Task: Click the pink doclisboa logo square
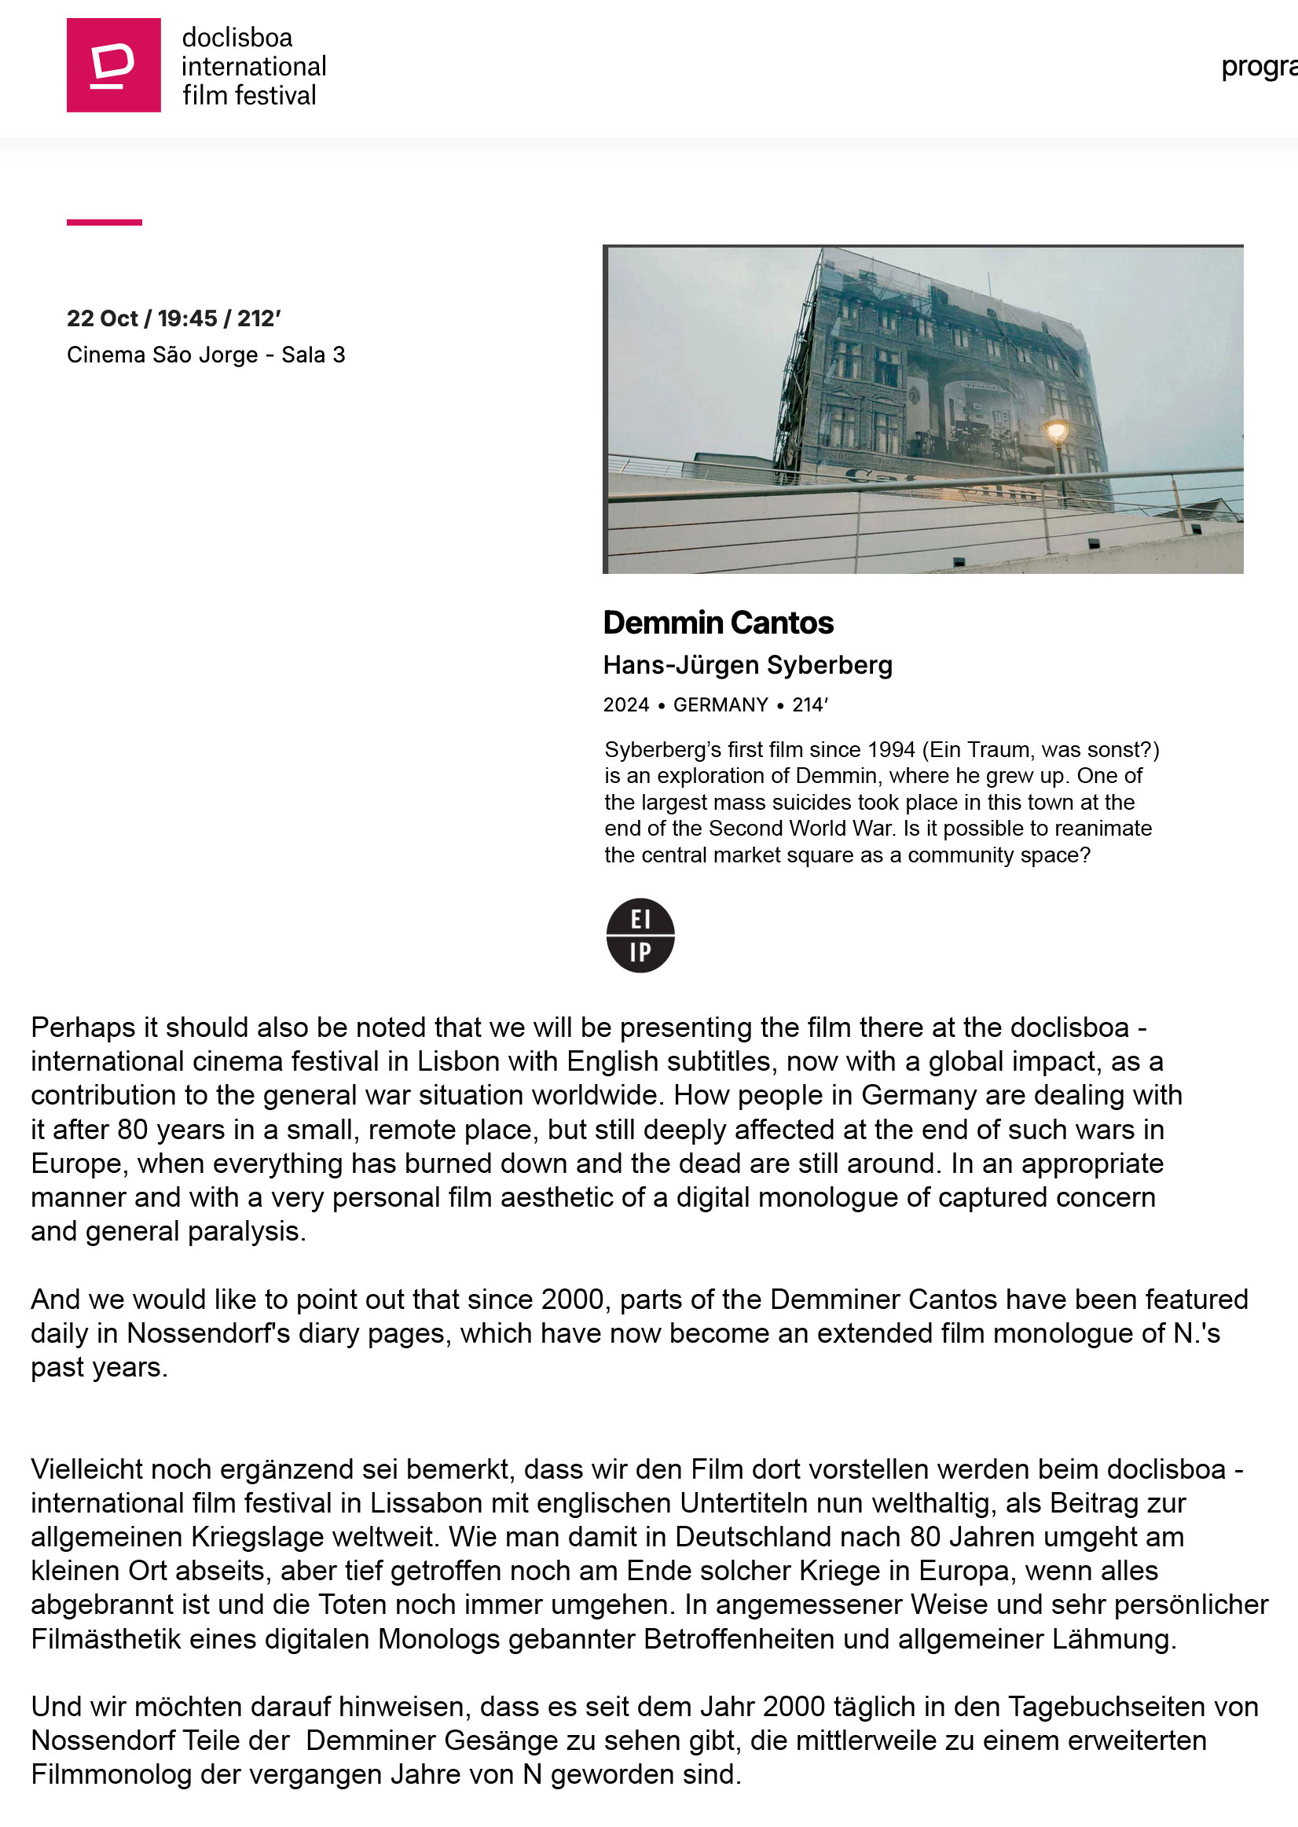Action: [113, 64]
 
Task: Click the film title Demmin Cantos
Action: [717, 623]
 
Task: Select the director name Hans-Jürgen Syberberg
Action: [747, 664]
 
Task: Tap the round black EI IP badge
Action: [640, 935]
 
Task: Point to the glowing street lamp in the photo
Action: [1057, 432]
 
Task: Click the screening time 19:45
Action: [187, 318]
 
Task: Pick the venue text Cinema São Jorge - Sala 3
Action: [205, 355]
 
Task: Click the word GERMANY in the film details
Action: [720, 704]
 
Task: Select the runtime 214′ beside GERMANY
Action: [809, 704]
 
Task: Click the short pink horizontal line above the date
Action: [104, 222]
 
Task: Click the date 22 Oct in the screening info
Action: [102, 318]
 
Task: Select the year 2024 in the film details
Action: [625, 704]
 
